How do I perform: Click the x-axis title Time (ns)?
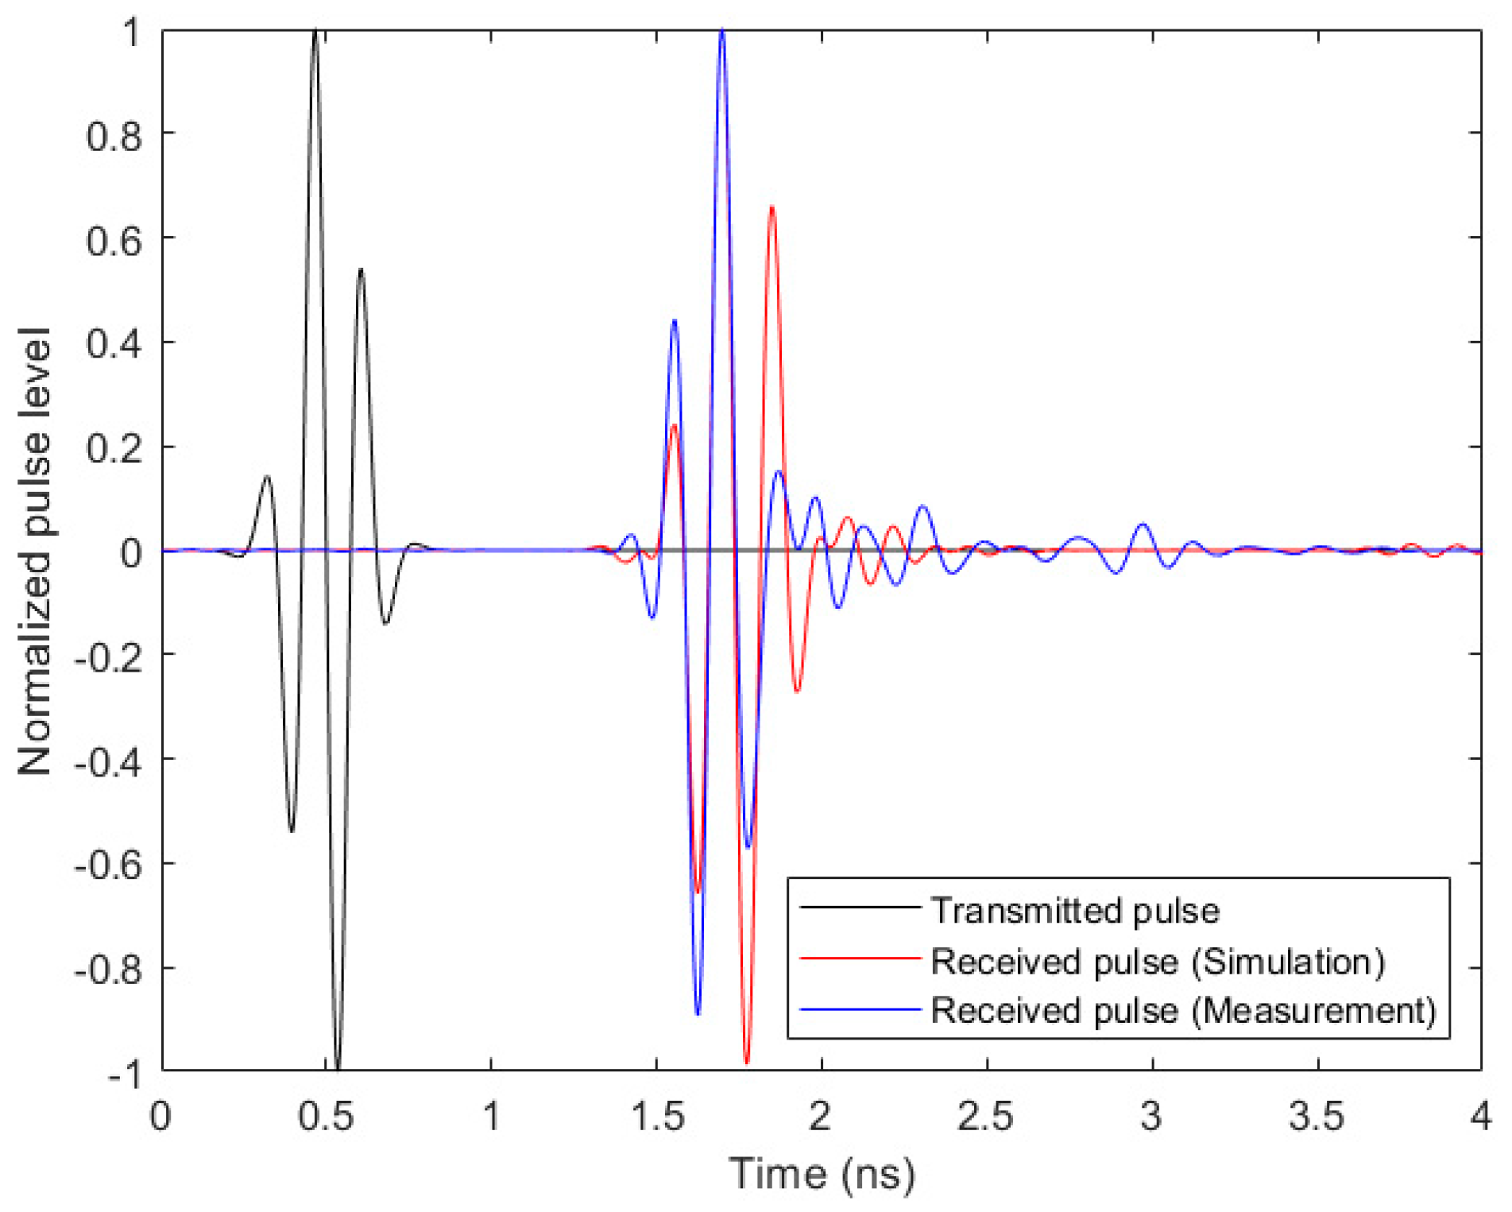pyautogui.click(x=822, y=1174)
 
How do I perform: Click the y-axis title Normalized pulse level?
pyautogui.click(x=36, y=551)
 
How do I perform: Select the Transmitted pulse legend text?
pyautogui.click(x=1075, y=911)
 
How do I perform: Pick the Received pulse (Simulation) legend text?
pyautogui.click(x=1158, y=962)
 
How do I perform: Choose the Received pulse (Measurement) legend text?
pyautogui.click(x=1183, y=1011)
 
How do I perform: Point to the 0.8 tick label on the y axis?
pyautogui.click(x=114, y=136)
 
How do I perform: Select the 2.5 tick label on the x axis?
pyautogui.click(x=985, y=1117)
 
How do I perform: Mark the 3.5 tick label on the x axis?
pyautogui.click(x=1316, y=1117)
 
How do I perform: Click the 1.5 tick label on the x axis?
pyautogui.click(x=656, y=1117)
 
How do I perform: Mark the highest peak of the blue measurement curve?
pyautogui.click(x=721, y=32)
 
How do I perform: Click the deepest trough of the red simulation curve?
pyautogui.click(x=746, y=1062)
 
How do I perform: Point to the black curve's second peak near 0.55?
pyautogui.click(x=362, y=269)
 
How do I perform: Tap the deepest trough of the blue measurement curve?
pyautogui.click(x=698, y=1014)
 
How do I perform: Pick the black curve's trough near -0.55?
pyautogui.click(x=292, y=831)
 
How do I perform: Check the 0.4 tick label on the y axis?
pyautogui.click(x=114, y=345)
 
